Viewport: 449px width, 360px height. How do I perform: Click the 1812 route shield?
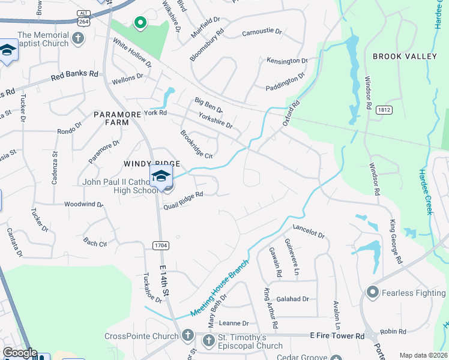tap(385, 110)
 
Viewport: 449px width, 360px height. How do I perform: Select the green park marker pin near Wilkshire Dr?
tap(140, 23)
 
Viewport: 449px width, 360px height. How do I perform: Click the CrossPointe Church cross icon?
tap(187, 335)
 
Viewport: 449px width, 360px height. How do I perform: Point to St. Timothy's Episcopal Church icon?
tap(208, 341)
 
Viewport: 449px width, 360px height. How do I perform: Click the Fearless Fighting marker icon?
tap(373, 293)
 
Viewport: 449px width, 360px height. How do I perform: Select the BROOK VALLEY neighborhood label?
tap(405, 56)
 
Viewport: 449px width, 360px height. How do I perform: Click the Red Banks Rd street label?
tap(74, 76)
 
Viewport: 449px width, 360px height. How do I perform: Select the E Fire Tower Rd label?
tap(337, 337)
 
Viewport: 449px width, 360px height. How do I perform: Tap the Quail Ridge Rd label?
tap(183, 201)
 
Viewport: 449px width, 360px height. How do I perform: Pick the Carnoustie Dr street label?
tap(262, 33)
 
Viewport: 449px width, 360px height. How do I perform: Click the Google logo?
tap(20, 353)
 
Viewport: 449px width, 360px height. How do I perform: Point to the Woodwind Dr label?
tap(84, 205)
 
